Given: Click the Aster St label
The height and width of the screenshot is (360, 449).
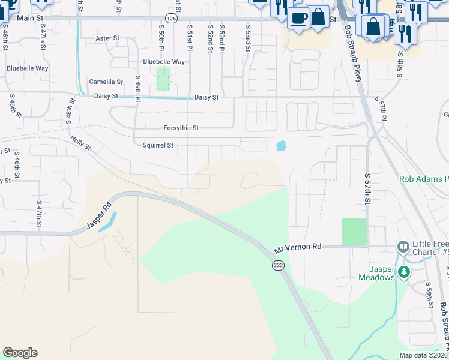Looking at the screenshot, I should [107, 38].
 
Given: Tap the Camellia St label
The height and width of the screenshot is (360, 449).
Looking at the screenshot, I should [106, 82].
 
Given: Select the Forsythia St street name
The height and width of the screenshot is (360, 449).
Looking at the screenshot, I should [181, 128].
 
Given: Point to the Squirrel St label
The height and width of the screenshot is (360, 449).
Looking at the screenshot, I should [158, 145].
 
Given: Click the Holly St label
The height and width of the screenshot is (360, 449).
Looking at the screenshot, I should [80, 143].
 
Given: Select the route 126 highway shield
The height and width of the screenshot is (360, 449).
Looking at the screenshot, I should [172, 19].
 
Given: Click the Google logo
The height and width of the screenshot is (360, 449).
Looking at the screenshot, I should [20, 353].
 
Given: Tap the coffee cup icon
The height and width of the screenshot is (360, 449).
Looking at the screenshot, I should [298, 17].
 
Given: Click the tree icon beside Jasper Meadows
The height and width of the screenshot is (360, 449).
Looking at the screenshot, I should [404, 272].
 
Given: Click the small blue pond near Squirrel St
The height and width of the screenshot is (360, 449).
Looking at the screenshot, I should [280, 145].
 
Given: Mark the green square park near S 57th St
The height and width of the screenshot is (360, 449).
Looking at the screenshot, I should [354, 232].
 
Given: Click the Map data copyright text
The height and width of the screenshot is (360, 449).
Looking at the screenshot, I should [423, 355].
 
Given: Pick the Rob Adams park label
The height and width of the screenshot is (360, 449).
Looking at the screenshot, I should [424, 179].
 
